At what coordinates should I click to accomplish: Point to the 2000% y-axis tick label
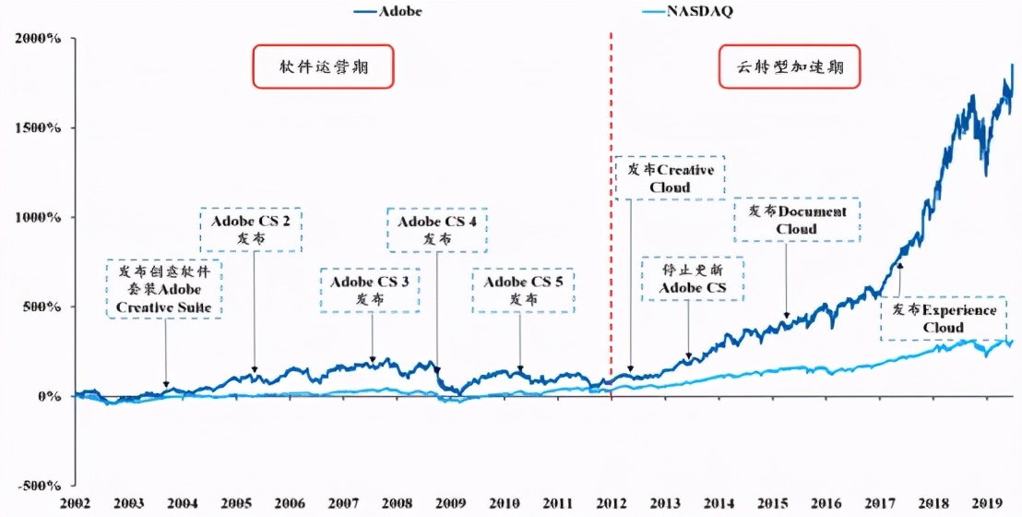tap(37, 39)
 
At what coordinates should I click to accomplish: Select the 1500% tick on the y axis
tap(37, 127)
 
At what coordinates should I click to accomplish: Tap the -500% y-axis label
tap(37, 485)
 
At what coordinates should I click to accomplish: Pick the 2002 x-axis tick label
tap(76, 503)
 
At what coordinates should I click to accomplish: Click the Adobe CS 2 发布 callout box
tap(251, 230)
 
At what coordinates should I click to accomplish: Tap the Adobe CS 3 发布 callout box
tap(369, 290)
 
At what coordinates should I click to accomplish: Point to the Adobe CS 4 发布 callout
tap(436, 230)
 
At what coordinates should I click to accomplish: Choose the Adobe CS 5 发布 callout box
tap(523, 290)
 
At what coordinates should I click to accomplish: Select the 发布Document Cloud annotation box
tap(796, 220)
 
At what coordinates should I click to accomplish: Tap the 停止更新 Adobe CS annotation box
tap(692, 280)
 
